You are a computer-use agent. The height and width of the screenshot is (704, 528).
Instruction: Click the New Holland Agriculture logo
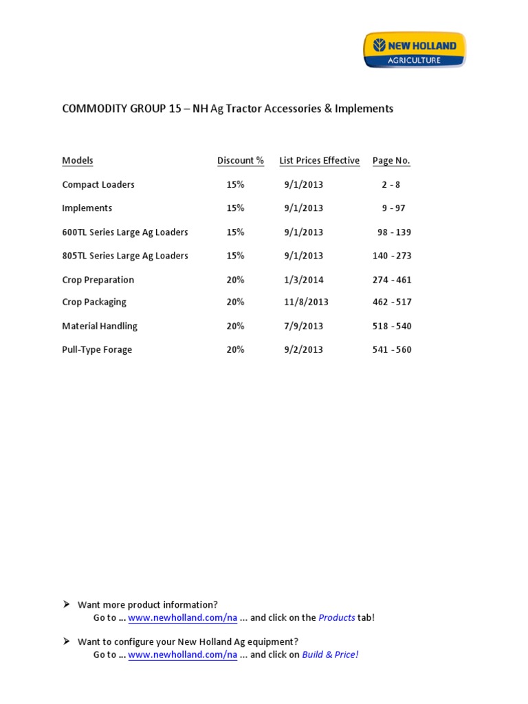coord(414,50)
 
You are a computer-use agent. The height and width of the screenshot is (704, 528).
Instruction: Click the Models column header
coord(78,161)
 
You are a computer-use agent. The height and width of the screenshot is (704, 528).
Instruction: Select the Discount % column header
coord(241,161)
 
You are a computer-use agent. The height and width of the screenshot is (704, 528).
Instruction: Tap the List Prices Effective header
coord(319,161)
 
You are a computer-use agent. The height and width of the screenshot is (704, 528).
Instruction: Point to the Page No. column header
coord(391,161)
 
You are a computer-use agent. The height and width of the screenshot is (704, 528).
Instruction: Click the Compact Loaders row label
coord(98,185)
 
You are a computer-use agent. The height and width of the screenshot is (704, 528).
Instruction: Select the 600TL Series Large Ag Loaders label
coord(125,232)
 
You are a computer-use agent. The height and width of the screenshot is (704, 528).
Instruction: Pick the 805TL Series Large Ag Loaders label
coord(125,256)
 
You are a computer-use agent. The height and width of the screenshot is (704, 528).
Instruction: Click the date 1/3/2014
coord(303,280)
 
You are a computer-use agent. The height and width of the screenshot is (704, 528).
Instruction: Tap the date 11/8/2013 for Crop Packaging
coord(306,302)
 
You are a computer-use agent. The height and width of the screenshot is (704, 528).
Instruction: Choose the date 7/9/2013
coord(303,326)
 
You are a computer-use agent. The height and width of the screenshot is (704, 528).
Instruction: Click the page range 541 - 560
coord(392,350)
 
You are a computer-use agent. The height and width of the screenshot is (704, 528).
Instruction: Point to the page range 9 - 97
coord(392,208)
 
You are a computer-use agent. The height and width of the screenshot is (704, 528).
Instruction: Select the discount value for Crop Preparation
coord(235,280)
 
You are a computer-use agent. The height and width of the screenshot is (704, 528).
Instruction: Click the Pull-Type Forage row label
coord(97,350)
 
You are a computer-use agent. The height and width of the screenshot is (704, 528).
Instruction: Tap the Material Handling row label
coord(100,326)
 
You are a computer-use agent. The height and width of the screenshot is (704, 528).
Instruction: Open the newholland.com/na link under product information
coord(183,618)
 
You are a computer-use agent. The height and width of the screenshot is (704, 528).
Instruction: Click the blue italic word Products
coord(337,618)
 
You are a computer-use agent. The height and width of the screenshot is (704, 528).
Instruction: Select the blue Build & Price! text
coord(330,655)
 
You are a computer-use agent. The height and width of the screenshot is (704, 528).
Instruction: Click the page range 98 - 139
coord(394,232)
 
